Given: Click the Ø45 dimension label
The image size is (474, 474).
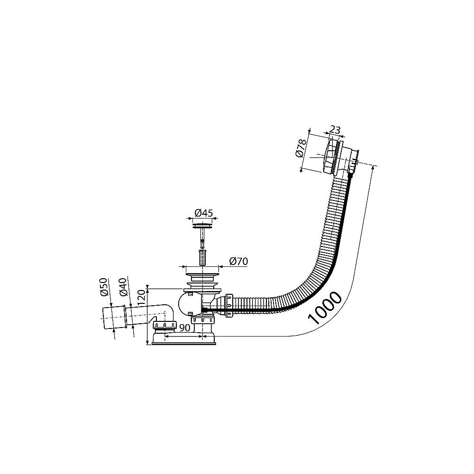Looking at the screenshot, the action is [x=203, y=213].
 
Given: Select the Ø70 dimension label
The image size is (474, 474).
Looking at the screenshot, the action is [x=238, y=261].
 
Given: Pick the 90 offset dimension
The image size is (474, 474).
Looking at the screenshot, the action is [x=184, y=328].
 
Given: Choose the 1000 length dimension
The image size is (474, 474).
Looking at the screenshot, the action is [x=325, y=308].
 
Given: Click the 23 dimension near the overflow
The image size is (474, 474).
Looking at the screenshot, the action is [x=335, y=130].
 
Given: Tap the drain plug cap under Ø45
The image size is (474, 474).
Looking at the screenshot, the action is [x=202, y=225].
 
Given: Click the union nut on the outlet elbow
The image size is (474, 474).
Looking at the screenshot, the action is [x=165, y=326].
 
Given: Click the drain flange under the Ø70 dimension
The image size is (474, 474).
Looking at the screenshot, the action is [x=202, y=275].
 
